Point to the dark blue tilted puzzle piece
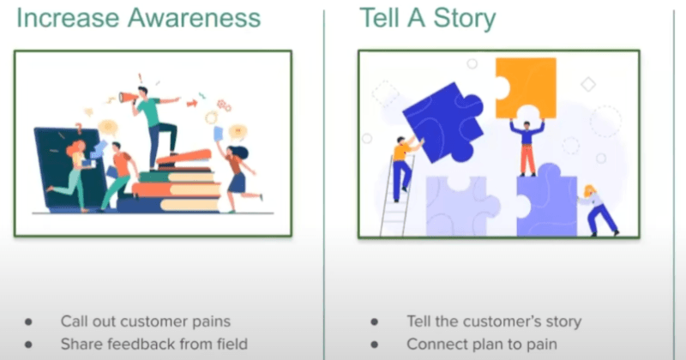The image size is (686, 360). (x=442, y=118)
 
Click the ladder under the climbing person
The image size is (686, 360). (x=394, y=197)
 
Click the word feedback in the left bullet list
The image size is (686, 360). (x=135, y=344)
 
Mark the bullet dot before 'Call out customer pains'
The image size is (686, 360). (x=28, y=322)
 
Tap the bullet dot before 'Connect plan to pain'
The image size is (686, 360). (x=374, y=345)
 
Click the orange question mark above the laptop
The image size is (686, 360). (x=79, y=128)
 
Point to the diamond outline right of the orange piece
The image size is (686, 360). (x=587, y=84)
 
